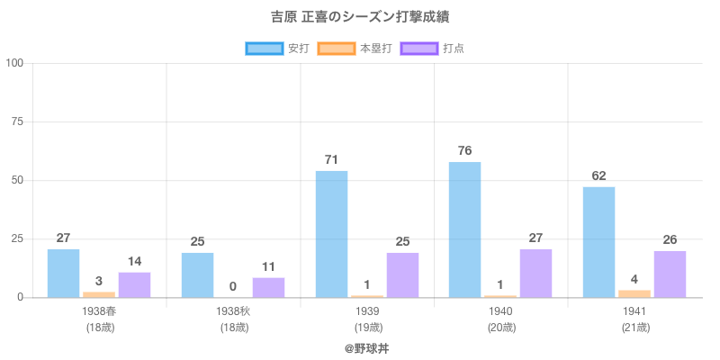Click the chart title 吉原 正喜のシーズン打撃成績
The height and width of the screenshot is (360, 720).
359,17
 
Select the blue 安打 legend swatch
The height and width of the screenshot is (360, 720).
265,48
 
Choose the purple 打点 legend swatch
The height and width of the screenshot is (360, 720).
418,48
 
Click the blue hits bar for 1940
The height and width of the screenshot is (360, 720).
464,229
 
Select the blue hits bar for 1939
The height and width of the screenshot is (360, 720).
331,234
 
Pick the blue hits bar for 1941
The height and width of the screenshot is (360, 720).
598,242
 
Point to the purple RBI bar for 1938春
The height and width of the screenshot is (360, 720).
134,284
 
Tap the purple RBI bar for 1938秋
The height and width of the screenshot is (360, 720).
268,287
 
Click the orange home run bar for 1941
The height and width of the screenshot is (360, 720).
634,293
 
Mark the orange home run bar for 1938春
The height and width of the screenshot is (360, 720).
99,294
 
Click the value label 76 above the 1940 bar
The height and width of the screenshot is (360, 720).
464,150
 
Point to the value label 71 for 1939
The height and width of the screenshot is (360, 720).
331,159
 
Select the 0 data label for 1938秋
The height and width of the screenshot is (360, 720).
233,286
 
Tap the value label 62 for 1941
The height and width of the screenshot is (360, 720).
598,175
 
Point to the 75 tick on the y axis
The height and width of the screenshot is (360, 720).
17,121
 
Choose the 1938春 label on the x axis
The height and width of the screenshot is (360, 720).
99,311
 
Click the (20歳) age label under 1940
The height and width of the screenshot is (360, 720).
501,328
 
